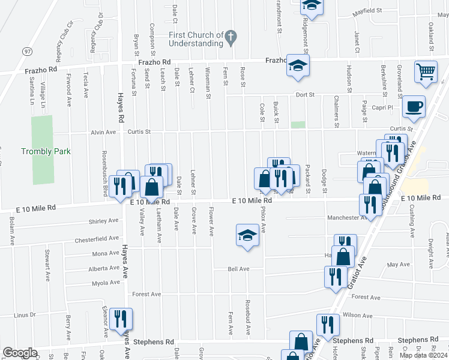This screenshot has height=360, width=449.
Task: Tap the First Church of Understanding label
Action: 196,39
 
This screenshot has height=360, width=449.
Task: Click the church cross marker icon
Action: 230,38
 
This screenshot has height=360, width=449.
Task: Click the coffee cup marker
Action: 414,107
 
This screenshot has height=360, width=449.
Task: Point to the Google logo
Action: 20,352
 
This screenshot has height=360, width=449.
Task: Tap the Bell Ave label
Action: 238,269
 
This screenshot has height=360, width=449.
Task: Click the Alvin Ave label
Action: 103,132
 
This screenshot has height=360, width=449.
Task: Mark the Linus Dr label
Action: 25,315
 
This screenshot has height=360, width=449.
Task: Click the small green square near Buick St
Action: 298,125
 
